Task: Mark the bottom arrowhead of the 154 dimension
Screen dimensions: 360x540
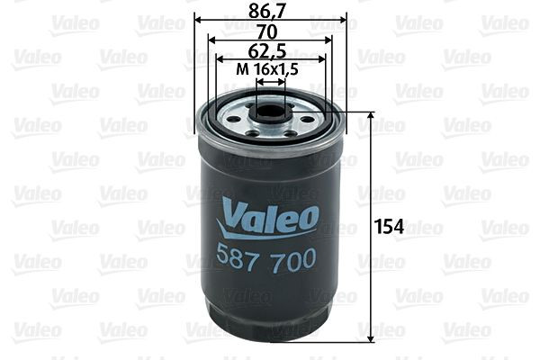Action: click(x=371, y=339)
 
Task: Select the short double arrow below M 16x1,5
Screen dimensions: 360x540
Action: click(x=270, y=81)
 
